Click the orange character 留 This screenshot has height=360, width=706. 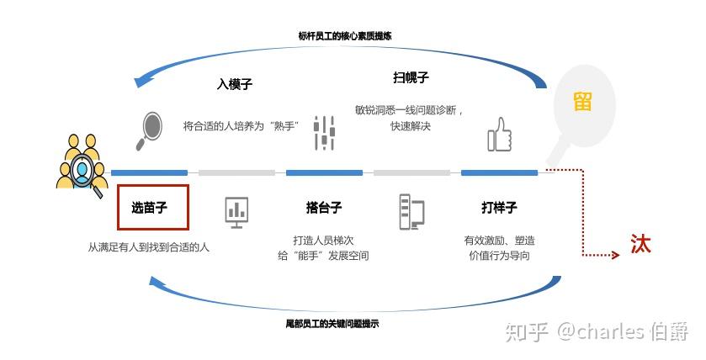pyautogui.click(x=582, y=102)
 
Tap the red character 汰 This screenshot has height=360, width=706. pyautogui.click(x=641, y=244)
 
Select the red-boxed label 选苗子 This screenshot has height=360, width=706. pyautogui.click(x=154, y=207)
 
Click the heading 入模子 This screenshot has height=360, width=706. pyautogui.click(x=235, y=84)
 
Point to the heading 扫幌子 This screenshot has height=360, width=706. pyautogui.click(x=411, y=77)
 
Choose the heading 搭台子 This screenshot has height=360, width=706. pyautogui.click(x=324, y=208)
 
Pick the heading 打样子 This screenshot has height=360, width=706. pyautogui.click(x=499, y=208)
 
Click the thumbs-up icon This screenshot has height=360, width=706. pyautogui.click(x=500, y=135)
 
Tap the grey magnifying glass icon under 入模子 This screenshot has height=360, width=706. pyautogui.click(x=151, y=128)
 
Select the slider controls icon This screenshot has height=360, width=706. pyautogui.click(x=324, y=133)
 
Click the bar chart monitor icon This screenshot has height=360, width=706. pyautogui.click(x=236, y=211)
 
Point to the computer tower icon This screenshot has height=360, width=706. pyautogui.click(x=411, y=211)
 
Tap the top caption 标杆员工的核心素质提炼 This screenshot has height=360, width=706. pyautogui.click(x=345, y=36)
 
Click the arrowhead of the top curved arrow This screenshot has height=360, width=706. pyautogui.click(x=143, y=81)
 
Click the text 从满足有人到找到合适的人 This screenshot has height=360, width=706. pyautogui.click(x=149, y=247)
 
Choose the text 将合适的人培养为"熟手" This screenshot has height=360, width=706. pyautogui.click(x=241, y=126)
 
